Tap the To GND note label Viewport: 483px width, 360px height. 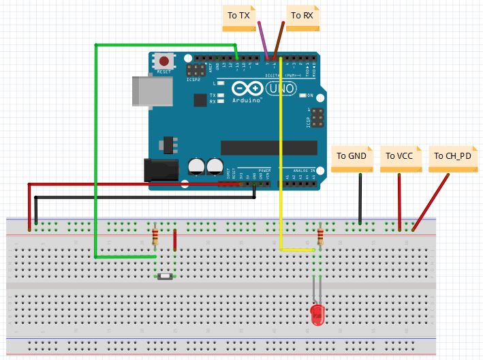coord(351,156)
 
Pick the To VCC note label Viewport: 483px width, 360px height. coord(399,156)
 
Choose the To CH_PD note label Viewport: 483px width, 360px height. coord(452,156)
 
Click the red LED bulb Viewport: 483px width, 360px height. coord(317,314)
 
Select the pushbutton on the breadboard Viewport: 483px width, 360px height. coord(166,276)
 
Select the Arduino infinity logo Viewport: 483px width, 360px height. coord(247,89)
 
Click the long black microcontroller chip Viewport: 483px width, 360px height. coord(268,147)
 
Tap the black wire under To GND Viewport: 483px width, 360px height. coord(360,198)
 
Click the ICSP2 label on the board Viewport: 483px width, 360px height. coord(193,80)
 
